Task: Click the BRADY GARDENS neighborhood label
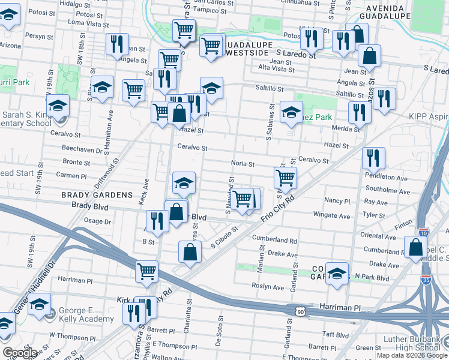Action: [x=96, y=195]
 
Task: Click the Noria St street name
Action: [x=243, y=164]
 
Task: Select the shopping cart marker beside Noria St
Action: [x=285, y=177]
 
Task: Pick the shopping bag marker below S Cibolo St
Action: [x=190, y=253]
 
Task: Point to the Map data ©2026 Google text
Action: [x=412, y=355]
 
